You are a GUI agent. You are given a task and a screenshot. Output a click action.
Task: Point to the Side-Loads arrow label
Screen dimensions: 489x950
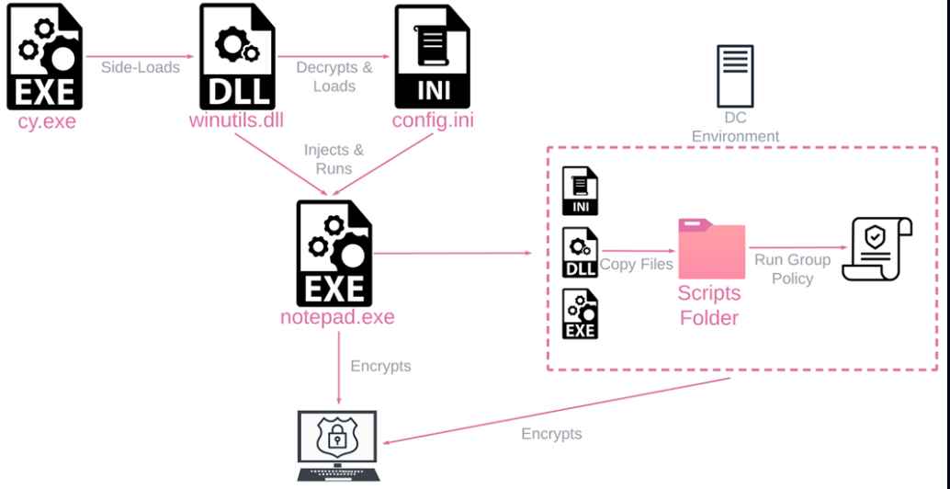141,67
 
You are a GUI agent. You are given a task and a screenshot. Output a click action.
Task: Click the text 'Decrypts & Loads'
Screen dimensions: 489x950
334,76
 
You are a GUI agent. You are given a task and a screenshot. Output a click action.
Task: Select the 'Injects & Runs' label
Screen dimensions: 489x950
328,159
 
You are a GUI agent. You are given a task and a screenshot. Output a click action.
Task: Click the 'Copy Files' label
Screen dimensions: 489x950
637,265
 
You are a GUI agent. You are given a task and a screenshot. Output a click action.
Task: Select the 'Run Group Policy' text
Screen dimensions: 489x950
793,268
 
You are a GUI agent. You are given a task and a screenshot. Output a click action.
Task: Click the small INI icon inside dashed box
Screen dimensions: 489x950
581,190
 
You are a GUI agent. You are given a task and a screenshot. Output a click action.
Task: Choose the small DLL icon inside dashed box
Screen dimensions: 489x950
581,252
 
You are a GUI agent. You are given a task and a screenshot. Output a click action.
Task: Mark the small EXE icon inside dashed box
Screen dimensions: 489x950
581,313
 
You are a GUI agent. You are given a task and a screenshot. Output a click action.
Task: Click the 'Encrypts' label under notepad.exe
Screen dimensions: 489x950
380,366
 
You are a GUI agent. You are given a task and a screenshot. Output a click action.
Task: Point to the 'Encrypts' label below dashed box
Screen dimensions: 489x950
551,434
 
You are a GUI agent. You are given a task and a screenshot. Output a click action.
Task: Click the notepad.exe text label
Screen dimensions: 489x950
337,318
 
